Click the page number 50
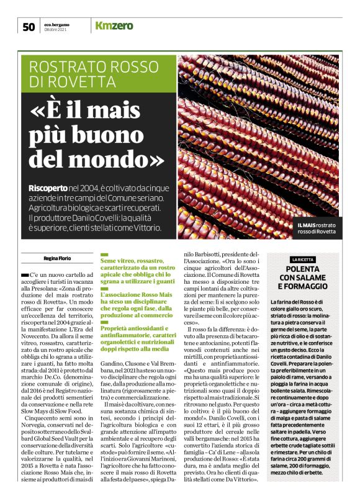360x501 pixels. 29,26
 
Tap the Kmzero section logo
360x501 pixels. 115,25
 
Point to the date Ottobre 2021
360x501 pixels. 56,29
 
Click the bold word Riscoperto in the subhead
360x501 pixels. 48,188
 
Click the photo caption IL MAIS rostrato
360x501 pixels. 317,225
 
